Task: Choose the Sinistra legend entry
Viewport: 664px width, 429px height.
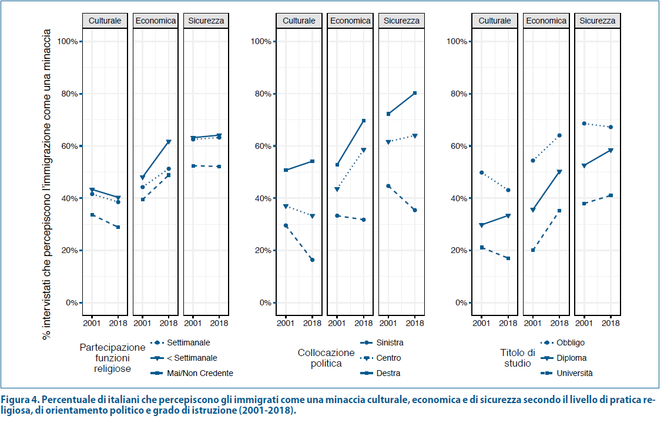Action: [390, 342]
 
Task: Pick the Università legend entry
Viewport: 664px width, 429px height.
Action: [574, 373]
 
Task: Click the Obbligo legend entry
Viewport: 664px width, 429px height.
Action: [570, 342]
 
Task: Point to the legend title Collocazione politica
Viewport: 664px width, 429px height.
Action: [326, 358]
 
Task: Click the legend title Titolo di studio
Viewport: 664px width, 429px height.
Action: [518, 358]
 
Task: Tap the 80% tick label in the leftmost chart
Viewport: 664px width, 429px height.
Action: [69, 94]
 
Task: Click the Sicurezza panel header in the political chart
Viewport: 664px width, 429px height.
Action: [401, 21]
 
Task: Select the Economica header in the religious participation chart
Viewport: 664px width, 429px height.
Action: [155, 21]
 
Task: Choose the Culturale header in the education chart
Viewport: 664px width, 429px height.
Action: [495, 21]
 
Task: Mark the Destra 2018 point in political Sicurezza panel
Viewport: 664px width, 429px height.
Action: [415, 93]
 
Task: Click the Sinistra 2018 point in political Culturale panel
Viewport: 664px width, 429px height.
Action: [312, 260]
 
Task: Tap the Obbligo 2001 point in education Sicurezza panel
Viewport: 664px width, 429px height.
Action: [583, 124]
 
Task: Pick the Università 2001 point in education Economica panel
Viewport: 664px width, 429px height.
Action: [532, 250]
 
